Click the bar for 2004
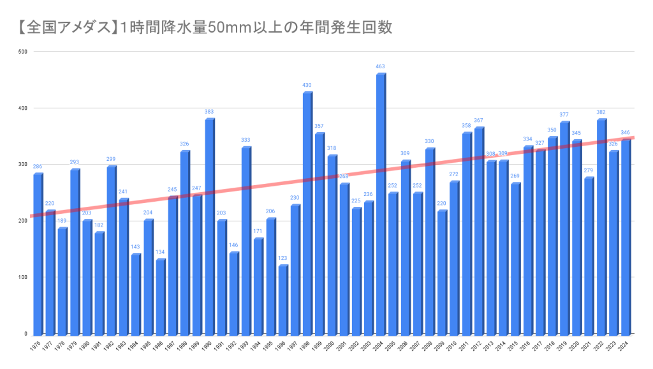click(381, 204)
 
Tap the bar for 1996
click(282, 300)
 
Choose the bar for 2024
click(626, 237)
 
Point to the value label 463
click(381, 66)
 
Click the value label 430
click(307, 85)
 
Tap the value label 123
click(282, 258)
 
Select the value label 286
click(38, 167)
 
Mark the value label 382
click(601, 112)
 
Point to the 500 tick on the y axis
click(22, 52)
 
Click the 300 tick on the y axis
click(22, 165)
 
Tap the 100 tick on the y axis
click(22, 278)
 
